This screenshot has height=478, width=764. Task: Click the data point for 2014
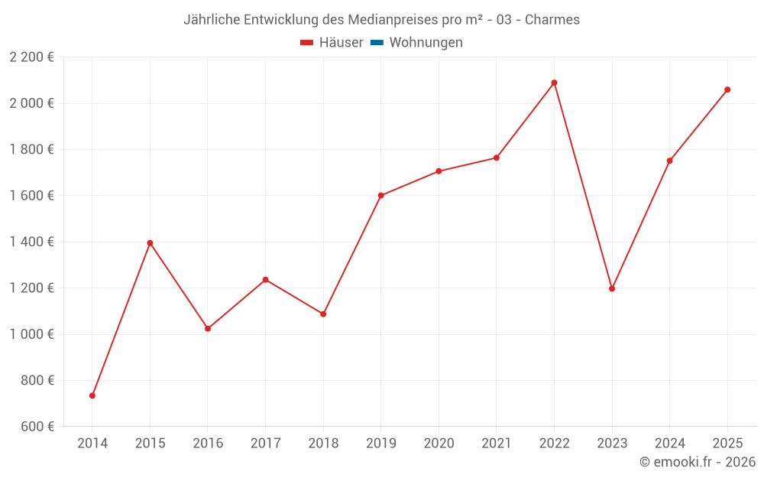coord(92,395)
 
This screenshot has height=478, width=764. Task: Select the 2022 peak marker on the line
coord(554,83)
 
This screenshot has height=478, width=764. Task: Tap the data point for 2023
coord(612,288)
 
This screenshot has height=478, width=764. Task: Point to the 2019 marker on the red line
coord(381,195)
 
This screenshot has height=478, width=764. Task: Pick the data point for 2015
coord(150,243)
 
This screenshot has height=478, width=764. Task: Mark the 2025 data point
coord(727,89)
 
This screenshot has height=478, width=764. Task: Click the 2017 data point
coord(265,280)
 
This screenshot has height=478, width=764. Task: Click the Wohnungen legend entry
coord(426,43)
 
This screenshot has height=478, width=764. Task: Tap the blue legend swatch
coord(377,43)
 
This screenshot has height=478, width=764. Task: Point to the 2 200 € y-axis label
coord(31,57)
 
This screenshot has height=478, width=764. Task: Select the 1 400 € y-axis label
coord(31,242)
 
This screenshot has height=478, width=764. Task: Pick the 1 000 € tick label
coord(31,334)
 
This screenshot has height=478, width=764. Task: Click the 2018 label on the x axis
coord(323,444)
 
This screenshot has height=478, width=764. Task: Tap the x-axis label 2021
coord(497,444)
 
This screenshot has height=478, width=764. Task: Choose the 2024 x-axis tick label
coord(669,444)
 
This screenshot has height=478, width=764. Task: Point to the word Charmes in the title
coord(552,20)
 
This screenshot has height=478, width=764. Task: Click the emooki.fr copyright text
coord(698,462)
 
